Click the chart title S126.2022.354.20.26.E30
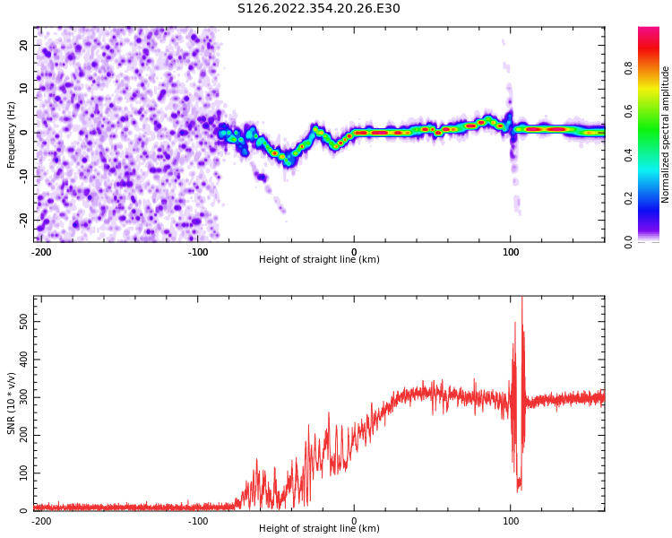point(318,9)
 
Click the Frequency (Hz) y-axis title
point(12,133)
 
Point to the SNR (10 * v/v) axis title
point(12,403)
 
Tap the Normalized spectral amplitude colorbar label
point(666,134)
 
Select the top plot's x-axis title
point(319,259)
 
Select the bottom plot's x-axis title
point(319,528)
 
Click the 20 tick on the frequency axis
point(23,45)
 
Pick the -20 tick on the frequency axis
point(22,220)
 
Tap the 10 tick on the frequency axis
point(23,89)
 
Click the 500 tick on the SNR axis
point(18,319)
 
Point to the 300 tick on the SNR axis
point(18,395)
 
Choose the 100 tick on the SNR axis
point(18,472)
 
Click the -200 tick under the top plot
point(41,252)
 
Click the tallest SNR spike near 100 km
point(521,299)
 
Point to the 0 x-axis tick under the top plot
point(354,252)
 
